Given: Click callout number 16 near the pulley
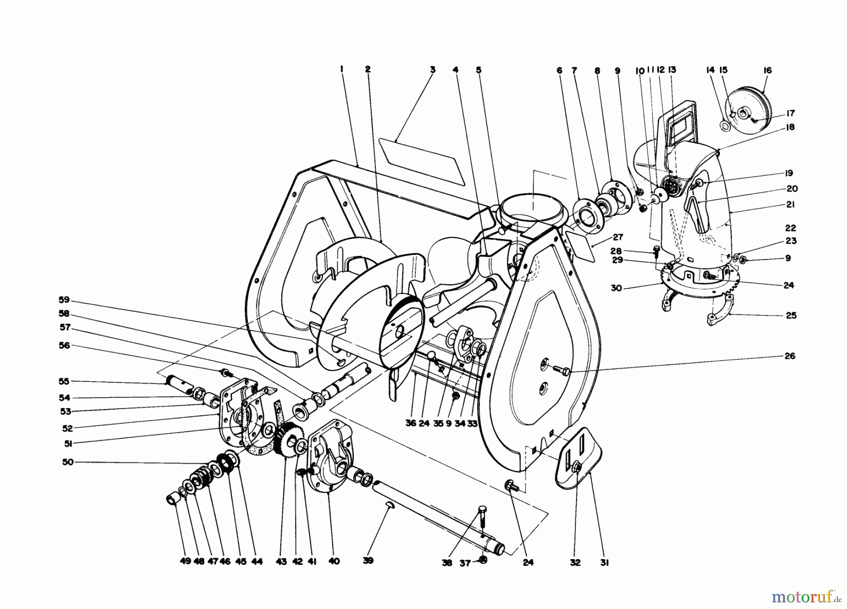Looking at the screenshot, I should pos(767,71).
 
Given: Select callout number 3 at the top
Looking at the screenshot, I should pos(432,70).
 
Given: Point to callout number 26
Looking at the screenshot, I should pos(790,356).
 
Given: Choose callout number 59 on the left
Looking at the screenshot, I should pos(64,299).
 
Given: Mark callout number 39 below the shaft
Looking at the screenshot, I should pos(368,561).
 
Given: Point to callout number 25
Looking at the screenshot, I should pos(791,315).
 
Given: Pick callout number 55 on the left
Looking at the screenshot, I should pos(64,381).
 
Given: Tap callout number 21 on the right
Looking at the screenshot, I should pos(790,205).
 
